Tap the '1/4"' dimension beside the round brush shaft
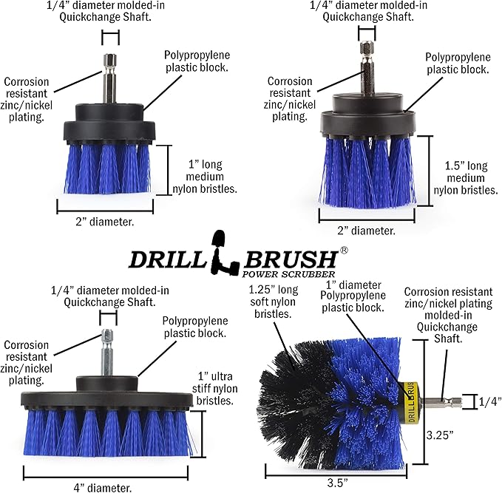489,401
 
